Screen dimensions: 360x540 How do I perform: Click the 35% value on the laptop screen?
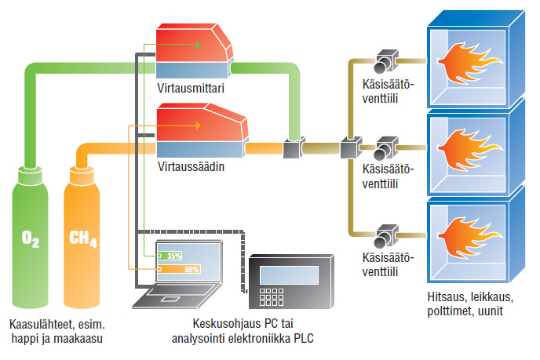tap(174, 256)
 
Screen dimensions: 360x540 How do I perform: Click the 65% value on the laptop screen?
tap(191, 269)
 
